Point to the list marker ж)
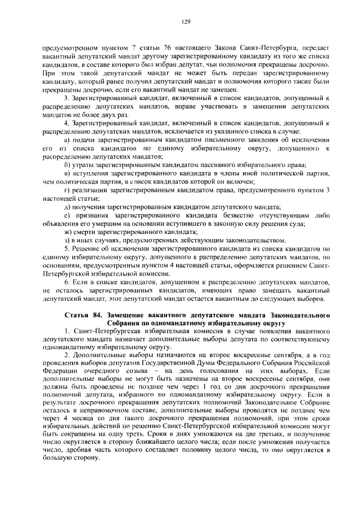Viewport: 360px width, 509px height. [67, 231]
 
